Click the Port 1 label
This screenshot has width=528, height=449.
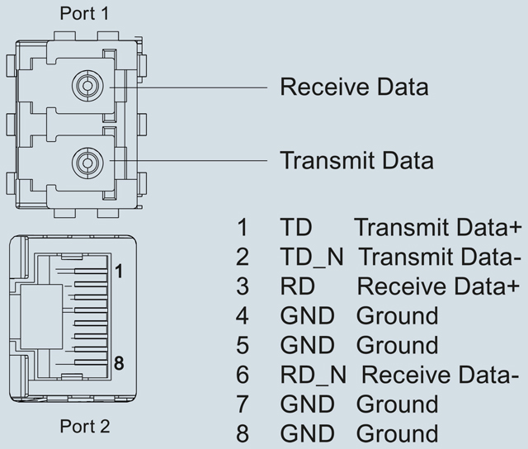[83, 14]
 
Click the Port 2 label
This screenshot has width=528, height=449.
[83, 427]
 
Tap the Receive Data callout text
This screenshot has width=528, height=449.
[354, 87]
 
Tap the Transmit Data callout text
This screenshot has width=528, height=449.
[356, 158]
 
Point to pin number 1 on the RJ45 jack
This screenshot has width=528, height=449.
[119, 271]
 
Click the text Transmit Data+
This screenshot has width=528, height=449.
[438, 227]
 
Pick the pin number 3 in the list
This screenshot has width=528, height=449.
[243, 286]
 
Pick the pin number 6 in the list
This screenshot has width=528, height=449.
[243, 375]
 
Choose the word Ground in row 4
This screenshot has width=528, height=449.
[397, 315]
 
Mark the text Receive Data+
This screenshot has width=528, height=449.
[438, 286]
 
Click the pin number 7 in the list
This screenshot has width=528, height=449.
[243, 404]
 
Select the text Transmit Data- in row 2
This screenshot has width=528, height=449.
[441, 257]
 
